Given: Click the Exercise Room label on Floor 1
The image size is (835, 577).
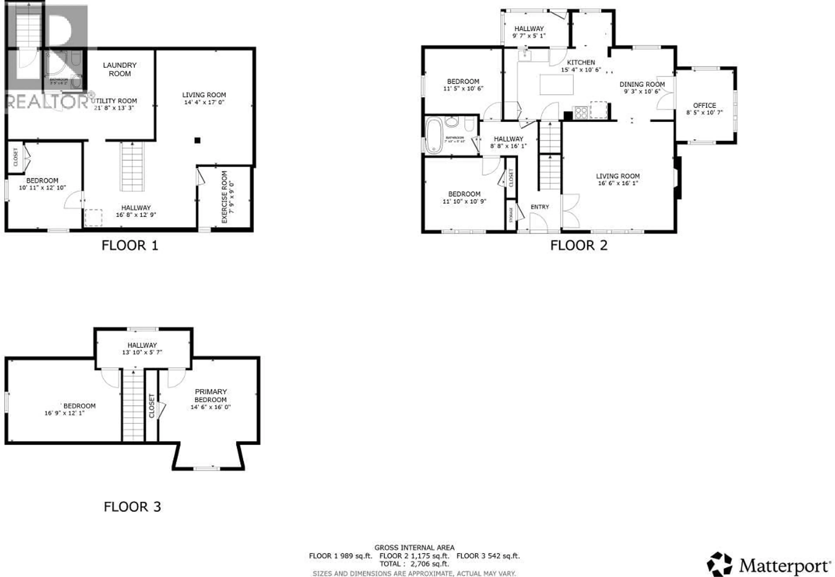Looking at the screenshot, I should [x=224, y=197].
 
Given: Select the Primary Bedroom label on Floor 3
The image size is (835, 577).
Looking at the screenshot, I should [x=211, y=395].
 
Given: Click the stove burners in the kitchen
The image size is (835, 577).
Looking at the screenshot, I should [x=581, y=112].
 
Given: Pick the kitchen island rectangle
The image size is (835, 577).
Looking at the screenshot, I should [x=556, y=85].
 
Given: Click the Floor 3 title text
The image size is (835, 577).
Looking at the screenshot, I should [x=132, y=507].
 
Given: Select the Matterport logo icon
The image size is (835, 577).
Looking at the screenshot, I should [x=720, y=564].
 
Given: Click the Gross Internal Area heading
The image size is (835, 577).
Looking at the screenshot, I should [x=414, y=548].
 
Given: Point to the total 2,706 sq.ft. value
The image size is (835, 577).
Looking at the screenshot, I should [x=430, y=564].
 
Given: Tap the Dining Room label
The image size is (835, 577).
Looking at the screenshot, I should [x=642, y=84].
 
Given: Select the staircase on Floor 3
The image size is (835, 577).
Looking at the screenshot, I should [x=133, y=405].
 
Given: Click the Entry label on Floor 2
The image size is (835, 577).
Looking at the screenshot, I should [x=540, y=207].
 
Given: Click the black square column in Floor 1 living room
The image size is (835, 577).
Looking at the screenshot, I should [x=197, y=140].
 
